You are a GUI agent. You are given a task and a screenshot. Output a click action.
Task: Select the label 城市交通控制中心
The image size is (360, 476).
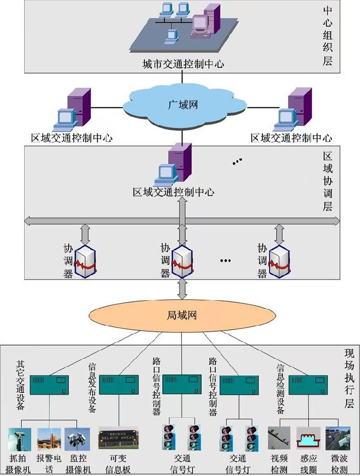click(x=183, y=64)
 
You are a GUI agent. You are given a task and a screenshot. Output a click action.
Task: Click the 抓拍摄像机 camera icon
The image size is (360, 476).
click(x=20, y=439)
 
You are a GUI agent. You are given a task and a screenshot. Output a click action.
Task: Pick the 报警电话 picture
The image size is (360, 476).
click(x=49, y=439)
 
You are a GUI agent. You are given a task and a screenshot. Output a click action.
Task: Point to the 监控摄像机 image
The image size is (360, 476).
click(x=78, y=439)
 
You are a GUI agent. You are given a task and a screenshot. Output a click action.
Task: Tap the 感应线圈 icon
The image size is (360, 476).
click(x=308, y=438)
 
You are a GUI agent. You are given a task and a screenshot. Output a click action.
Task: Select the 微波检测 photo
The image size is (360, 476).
click(x=338, y=438)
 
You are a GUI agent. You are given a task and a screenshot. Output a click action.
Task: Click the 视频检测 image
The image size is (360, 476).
click(x=279, y=438)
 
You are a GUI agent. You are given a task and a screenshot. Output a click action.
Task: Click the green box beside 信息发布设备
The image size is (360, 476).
click(x=119, y=385)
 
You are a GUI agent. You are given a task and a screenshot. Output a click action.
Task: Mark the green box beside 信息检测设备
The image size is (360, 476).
click(x=308, y=385)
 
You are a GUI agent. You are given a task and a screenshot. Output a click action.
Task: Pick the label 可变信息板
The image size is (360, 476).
click(x=118, y=464)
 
